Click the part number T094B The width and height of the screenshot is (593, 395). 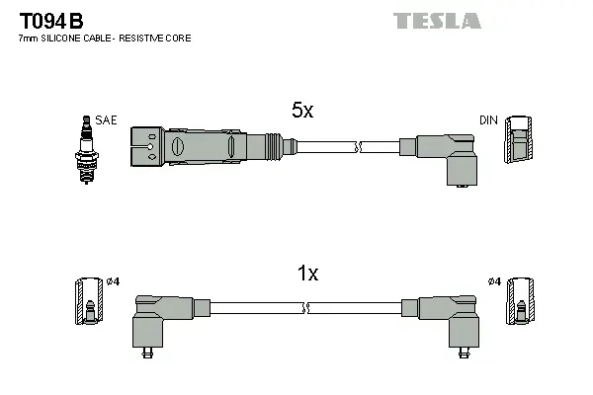[x=47, y=20]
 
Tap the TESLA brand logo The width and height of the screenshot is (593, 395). [x=436, y=20]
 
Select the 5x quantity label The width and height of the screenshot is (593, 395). [x=301, y=112]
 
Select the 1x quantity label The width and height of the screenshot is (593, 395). [x=308, y=275]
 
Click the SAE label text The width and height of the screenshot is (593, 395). [x=107, y=119]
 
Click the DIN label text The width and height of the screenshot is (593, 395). [x=488, y=119]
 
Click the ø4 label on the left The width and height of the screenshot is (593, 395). [x=112, y=282]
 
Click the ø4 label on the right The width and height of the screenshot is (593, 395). [x=494, y=282]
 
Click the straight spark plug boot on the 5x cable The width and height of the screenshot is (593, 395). [x=208, y=146]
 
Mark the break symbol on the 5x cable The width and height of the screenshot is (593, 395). [x=359, y=147]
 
